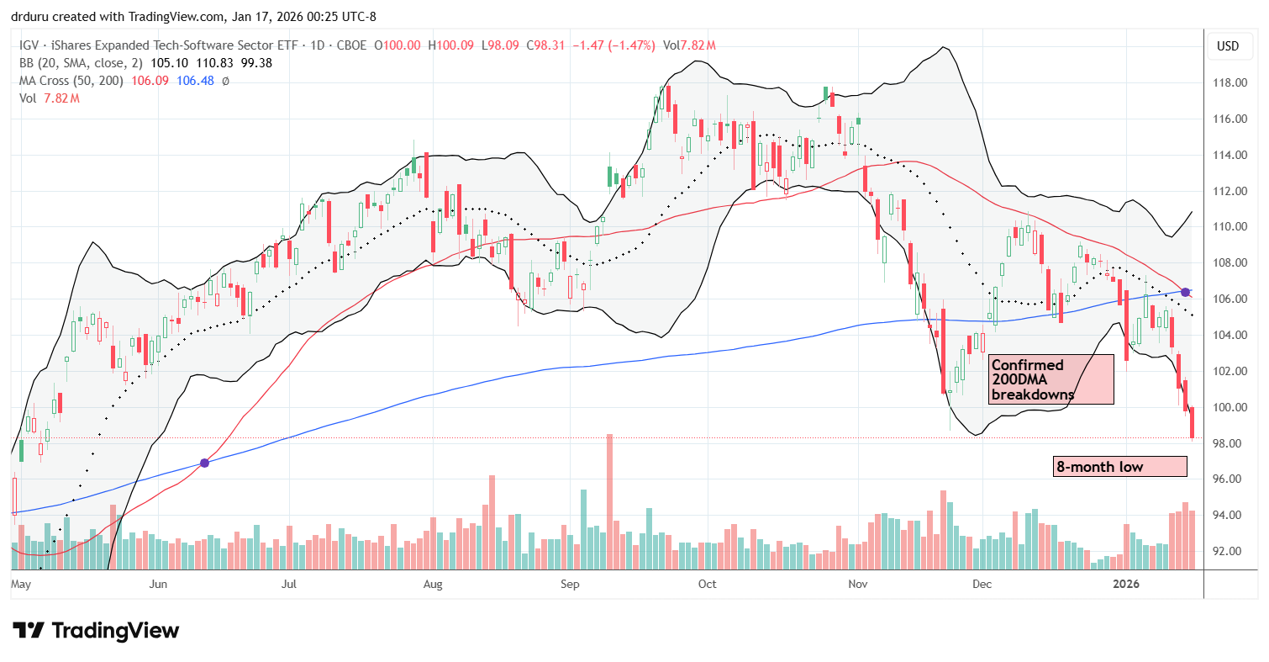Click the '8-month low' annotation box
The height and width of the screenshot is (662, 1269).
coord(1119,467)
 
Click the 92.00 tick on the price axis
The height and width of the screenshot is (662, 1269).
coord(1228,552)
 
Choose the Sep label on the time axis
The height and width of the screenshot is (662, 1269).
coord(570,584)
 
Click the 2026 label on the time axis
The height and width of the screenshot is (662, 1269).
coord(1127,584)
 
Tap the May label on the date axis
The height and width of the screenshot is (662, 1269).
coord(22,584)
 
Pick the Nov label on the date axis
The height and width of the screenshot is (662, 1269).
coord(857,584)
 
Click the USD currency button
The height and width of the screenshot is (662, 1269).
coord(1228,46)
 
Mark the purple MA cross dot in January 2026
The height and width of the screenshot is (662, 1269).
coord(1185,292)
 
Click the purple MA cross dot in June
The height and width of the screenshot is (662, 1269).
coord(204,463)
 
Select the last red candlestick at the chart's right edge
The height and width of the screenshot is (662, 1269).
coord(1192,421)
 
